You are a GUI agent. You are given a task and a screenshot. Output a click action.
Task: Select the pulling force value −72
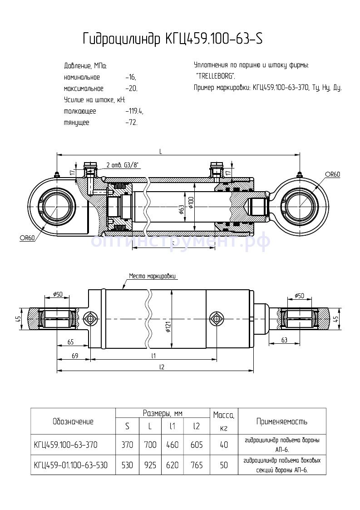coord(131,123)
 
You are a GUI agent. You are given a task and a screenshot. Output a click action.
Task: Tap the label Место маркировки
coord(152,276)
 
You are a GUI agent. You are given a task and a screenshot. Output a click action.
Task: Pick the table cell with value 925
coord(150,465)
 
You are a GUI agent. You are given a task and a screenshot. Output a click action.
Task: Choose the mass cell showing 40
coord(223,445)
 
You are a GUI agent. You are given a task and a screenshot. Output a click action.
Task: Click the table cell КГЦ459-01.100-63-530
coord(71,465)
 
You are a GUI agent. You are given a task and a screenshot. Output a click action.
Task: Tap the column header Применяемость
coord(281,421)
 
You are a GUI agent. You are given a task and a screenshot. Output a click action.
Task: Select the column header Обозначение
coord(73,421)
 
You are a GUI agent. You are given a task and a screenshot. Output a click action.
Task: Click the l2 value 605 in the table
coord(197,445)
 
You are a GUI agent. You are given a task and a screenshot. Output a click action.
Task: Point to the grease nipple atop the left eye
coord(57,175)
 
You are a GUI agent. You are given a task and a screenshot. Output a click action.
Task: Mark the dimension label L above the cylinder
coord(161,151)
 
